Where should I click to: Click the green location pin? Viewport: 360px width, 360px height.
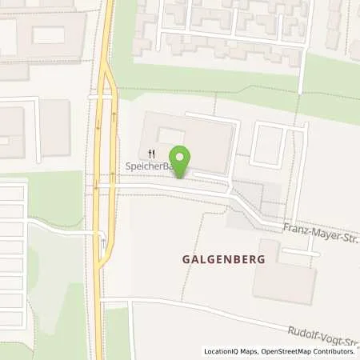click(182, 159)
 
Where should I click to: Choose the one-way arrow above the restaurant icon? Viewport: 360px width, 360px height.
click(113, 119)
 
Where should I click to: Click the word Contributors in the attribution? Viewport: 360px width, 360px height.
click(335, 351)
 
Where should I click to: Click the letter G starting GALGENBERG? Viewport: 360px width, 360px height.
click(174, 261)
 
